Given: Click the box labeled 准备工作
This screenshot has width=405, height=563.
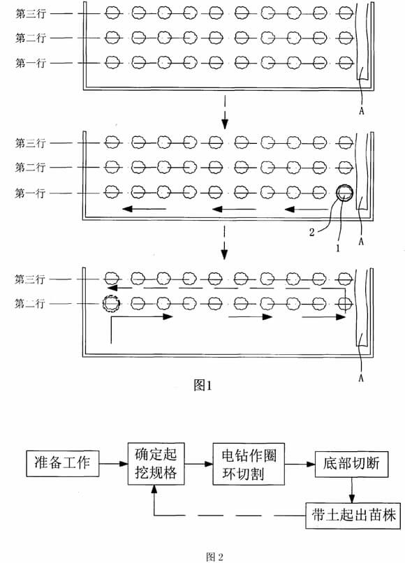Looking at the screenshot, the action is (63, 464).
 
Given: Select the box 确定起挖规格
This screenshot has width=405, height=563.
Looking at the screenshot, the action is (156, 464).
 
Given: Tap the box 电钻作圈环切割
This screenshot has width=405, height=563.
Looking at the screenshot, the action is (249, 464).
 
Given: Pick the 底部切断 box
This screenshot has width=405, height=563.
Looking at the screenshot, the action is (351, 464).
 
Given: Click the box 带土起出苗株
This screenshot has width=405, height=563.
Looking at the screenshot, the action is (353, 516).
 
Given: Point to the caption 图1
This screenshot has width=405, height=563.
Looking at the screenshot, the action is (203, 386).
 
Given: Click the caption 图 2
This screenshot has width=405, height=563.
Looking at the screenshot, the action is (214, 557).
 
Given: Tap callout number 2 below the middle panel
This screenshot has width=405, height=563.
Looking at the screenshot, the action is (311, 233).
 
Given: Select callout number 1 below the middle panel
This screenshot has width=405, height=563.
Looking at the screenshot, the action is (337, 248).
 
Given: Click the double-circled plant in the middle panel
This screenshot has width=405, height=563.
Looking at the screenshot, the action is (345, 193).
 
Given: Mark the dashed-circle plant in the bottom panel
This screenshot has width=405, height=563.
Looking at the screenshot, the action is (111, 304).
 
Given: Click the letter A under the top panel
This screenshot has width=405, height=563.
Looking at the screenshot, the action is (361, 111).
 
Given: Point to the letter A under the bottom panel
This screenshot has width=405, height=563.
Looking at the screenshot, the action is (361, 378).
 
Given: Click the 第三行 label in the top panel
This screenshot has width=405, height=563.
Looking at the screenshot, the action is (31, 14).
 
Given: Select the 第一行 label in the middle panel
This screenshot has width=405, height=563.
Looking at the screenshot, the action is (30, 193).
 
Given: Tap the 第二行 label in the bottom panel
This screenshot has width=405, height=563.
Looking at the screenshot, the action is (30, 304).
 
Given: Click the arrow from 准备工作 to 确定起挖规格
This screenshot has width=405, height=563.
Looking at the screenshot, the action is (114, 464).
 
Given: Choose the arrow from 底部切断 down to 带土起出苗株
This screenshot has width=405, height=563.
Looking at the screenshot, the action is (352, 490).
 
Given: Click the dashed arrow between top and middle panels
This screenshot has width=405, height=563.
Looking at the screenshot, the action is (224, 112).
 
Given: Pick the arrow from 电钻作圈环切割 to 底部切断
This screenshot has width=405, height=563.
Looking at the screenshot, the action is (300, 464).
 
